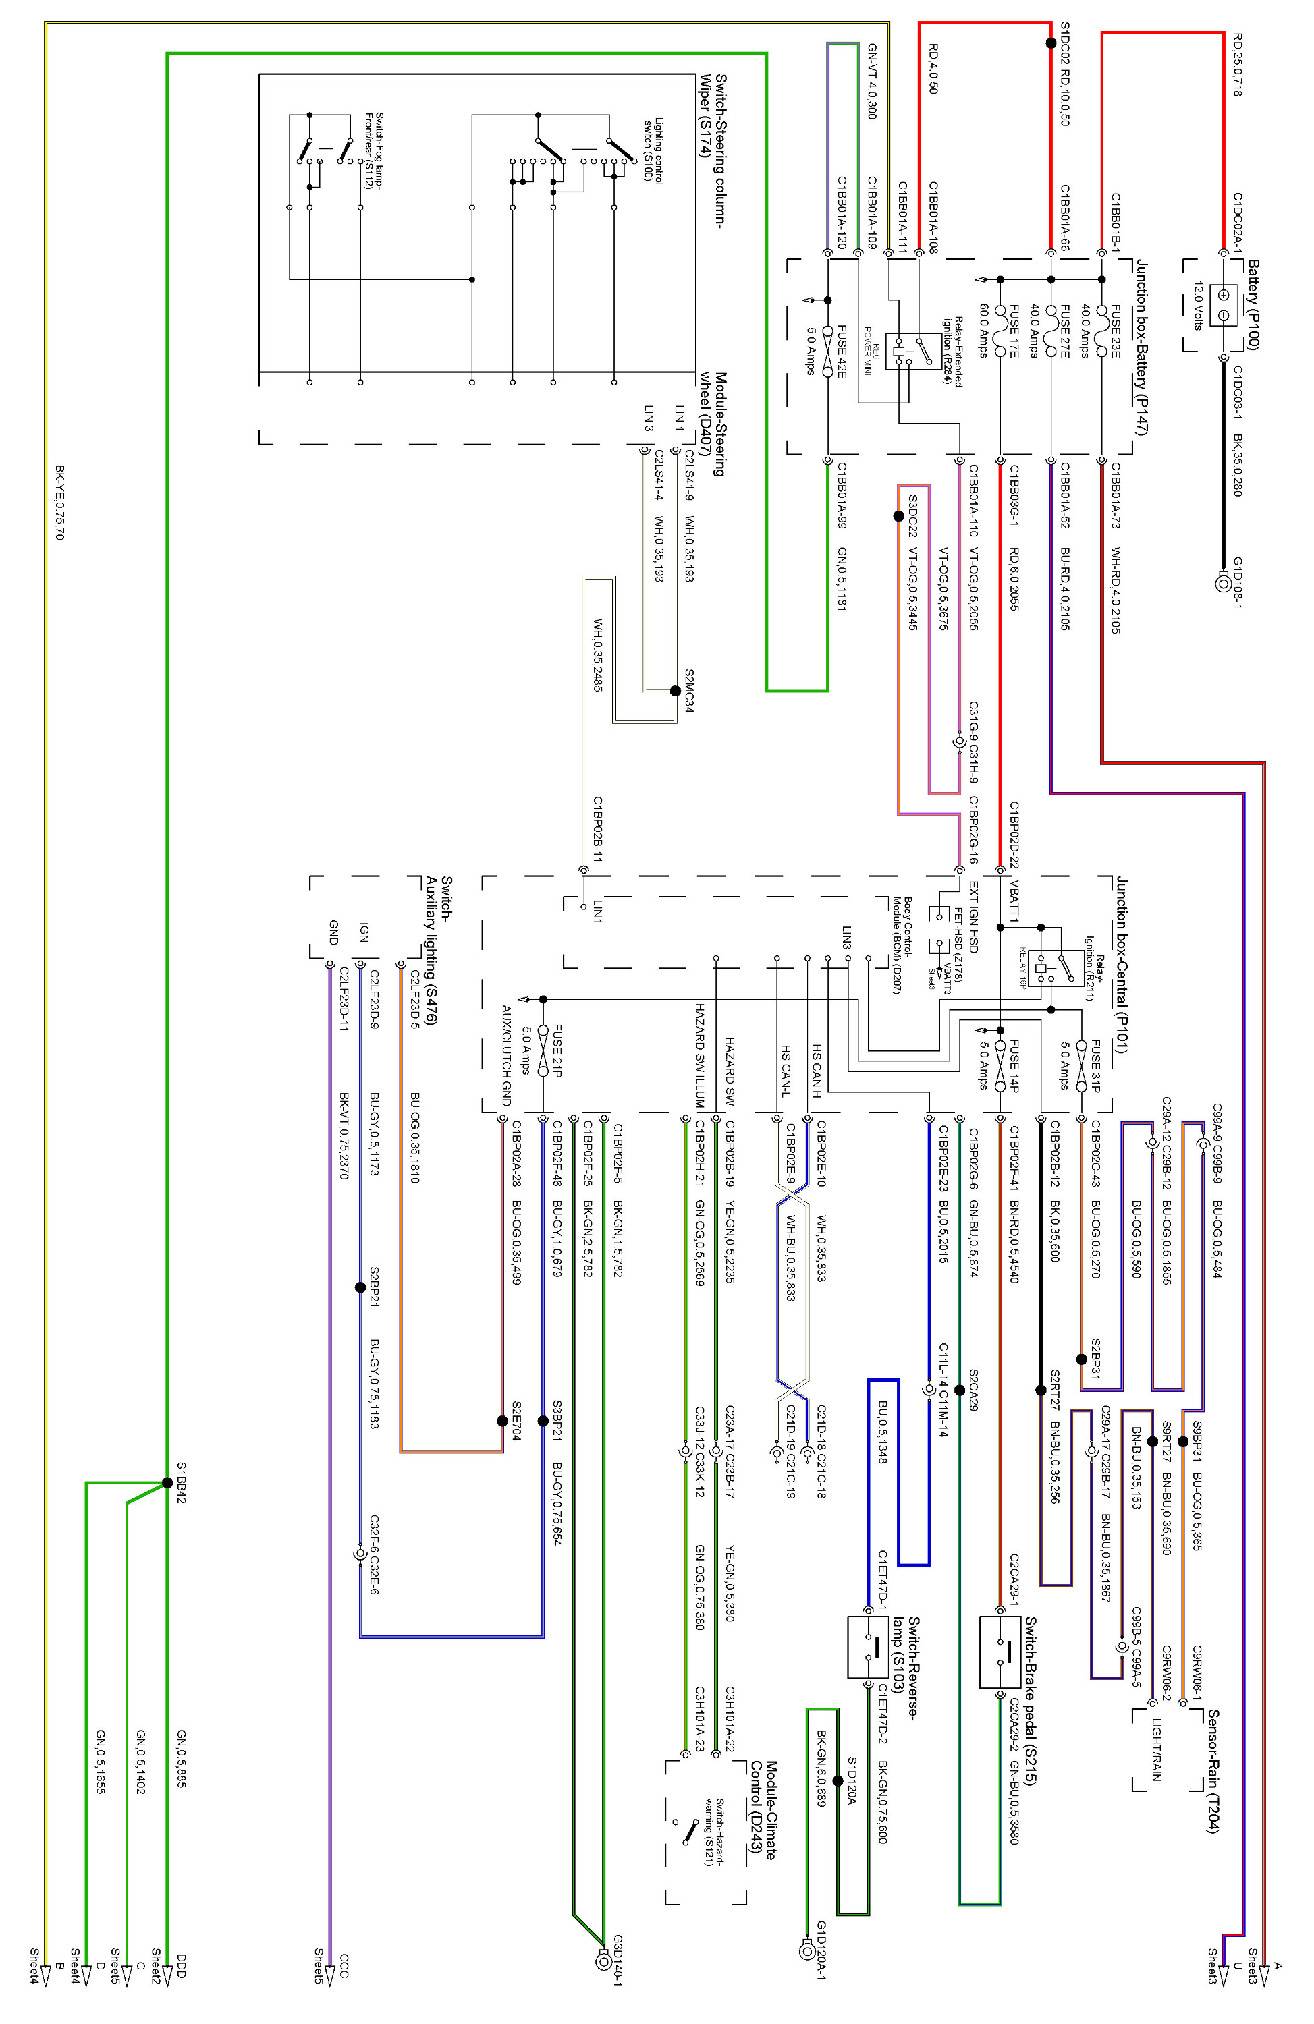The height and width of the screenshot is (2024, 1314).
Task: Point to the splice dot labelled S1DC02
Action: tap(1051, 43)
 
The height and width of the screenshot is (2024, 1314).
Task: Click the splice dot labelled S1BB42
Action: tap(167, 1482)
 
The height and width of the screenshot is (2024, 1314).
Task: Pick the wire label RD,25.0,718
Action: tap(1238, 65)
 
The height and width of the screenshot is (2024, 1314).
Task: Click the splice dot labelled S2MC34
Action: tap(676, 692)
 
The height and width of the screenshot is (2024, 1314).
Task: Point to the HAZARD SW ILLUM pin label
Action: tap(699, 1055)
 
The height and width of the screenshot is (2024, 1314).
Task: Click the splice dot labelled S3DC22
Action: tap(898, 516)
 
